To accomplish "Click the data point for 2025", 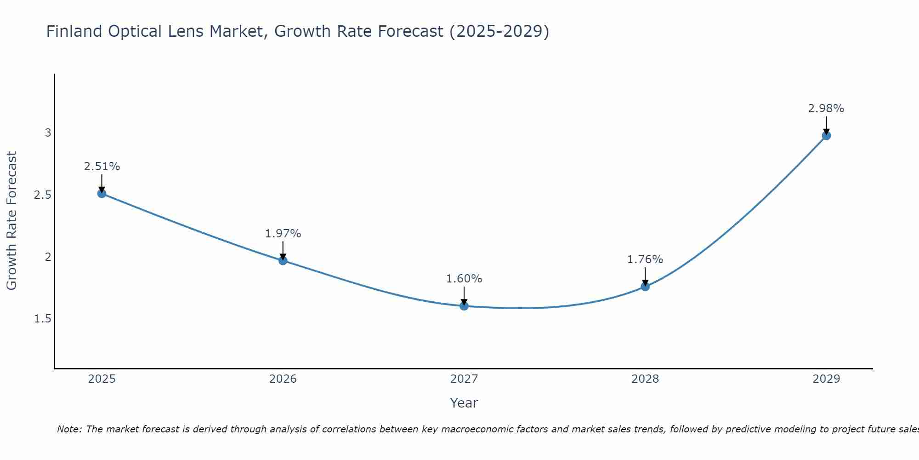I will click(x=102, y=193).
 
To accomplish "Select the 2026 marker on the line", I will click(x=283, y=260).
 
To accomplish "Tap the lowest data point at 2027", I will click(x=464, y=306).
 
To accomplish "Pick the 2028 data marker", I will click(x=645, y=287).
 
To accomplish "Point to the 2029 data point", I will click(x=826, y=135).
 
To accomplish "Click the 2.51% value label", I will click(x=102, y=167).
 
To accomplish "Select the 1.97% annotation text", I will click(x=283, y=234).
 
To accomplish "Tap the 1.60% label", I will click(x=464, y=279).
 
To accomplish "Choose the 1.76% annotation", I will click(x=645, y=259).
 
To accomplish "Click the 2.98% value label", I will click(x=826, y=109).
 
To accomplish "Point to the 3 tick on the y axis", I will click(x=48, y=133).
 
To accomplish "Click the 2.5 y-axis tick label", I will click(x=43, y=195).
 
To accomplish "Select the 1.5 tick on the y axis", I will click(x=43, y=319).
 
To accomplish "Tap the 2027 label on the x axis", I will click(x=464, y=379).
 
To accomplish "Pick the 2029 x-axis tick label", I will click(x=826, y=379).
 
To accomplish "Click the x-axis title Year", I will click(x=464, y=403).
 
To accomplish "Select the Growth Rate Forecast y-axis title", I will click(x=11, y=221).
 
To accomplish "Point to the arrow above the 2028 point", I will click(x=645, y=276).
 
